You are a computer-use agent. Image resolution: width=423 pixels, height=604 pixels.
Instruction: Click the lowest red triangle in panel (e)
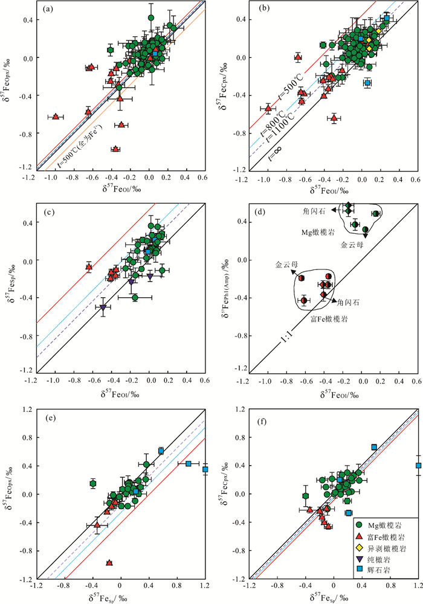click(x=109, y=562)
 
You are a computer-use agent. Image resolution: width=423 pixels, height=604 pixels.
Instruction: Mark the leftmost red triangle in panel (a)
click(x=56, y=117)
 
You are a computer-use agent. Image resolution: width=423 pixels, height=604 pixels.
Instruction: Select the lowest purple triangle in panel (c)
click(x=103, y=307)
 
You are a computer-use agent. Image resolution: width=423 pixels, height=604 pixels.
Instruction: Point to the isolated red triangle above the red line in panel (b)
click(x=297, y=57)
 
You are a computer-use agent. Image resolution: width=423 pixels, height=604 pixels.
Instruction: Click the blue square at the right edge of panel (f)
click(x=418, y=465)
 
